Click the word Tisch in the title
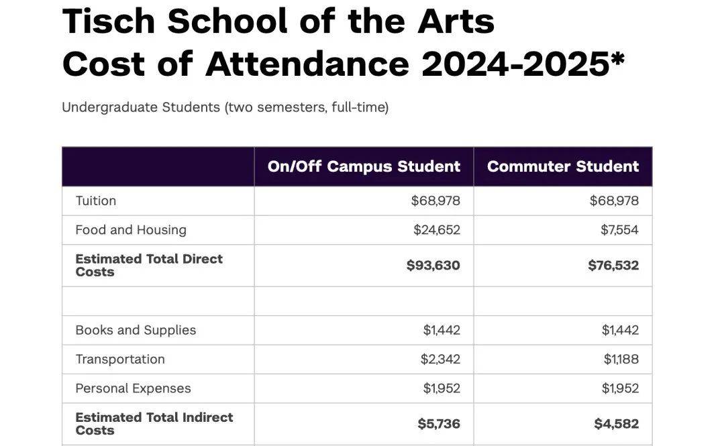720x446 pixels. (x=107, y=21)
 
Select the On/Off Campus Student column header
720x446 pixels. (x=364, y=166)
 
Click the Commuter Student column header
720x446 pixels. (x=563, y=166)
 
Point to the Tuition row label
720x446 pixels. (x=96, y=201)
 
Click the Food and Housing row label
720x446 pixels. (x=131, y=230)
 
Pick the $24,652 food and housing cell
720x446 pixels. (x=436, y=230)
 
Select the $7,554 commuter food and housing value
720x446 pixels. (x=619, y=230)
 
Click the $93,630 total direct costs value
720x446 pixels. (x=433, y=266)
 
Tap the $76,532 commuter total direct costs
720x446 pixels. (x=613, y=266)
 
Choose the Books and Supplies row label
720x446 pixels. (x=136, y=330)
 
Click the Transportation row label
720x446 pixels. (x=120, y=359)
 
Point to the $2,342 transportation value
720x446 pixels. (x=440, y=359)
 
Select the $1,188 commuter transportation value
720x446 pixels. (x=621, y=359)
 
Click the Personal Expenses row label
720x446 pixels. (x=133, y=388)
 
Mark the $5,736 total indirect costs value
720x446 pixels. (x=439, y=424)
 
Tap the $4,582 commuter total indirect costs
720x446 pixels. (x=616, y=424)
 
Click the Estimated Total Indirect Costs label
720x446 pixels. (x=154, y=424)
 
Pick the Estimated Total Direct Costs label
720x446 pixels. (x=149, y=266)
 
